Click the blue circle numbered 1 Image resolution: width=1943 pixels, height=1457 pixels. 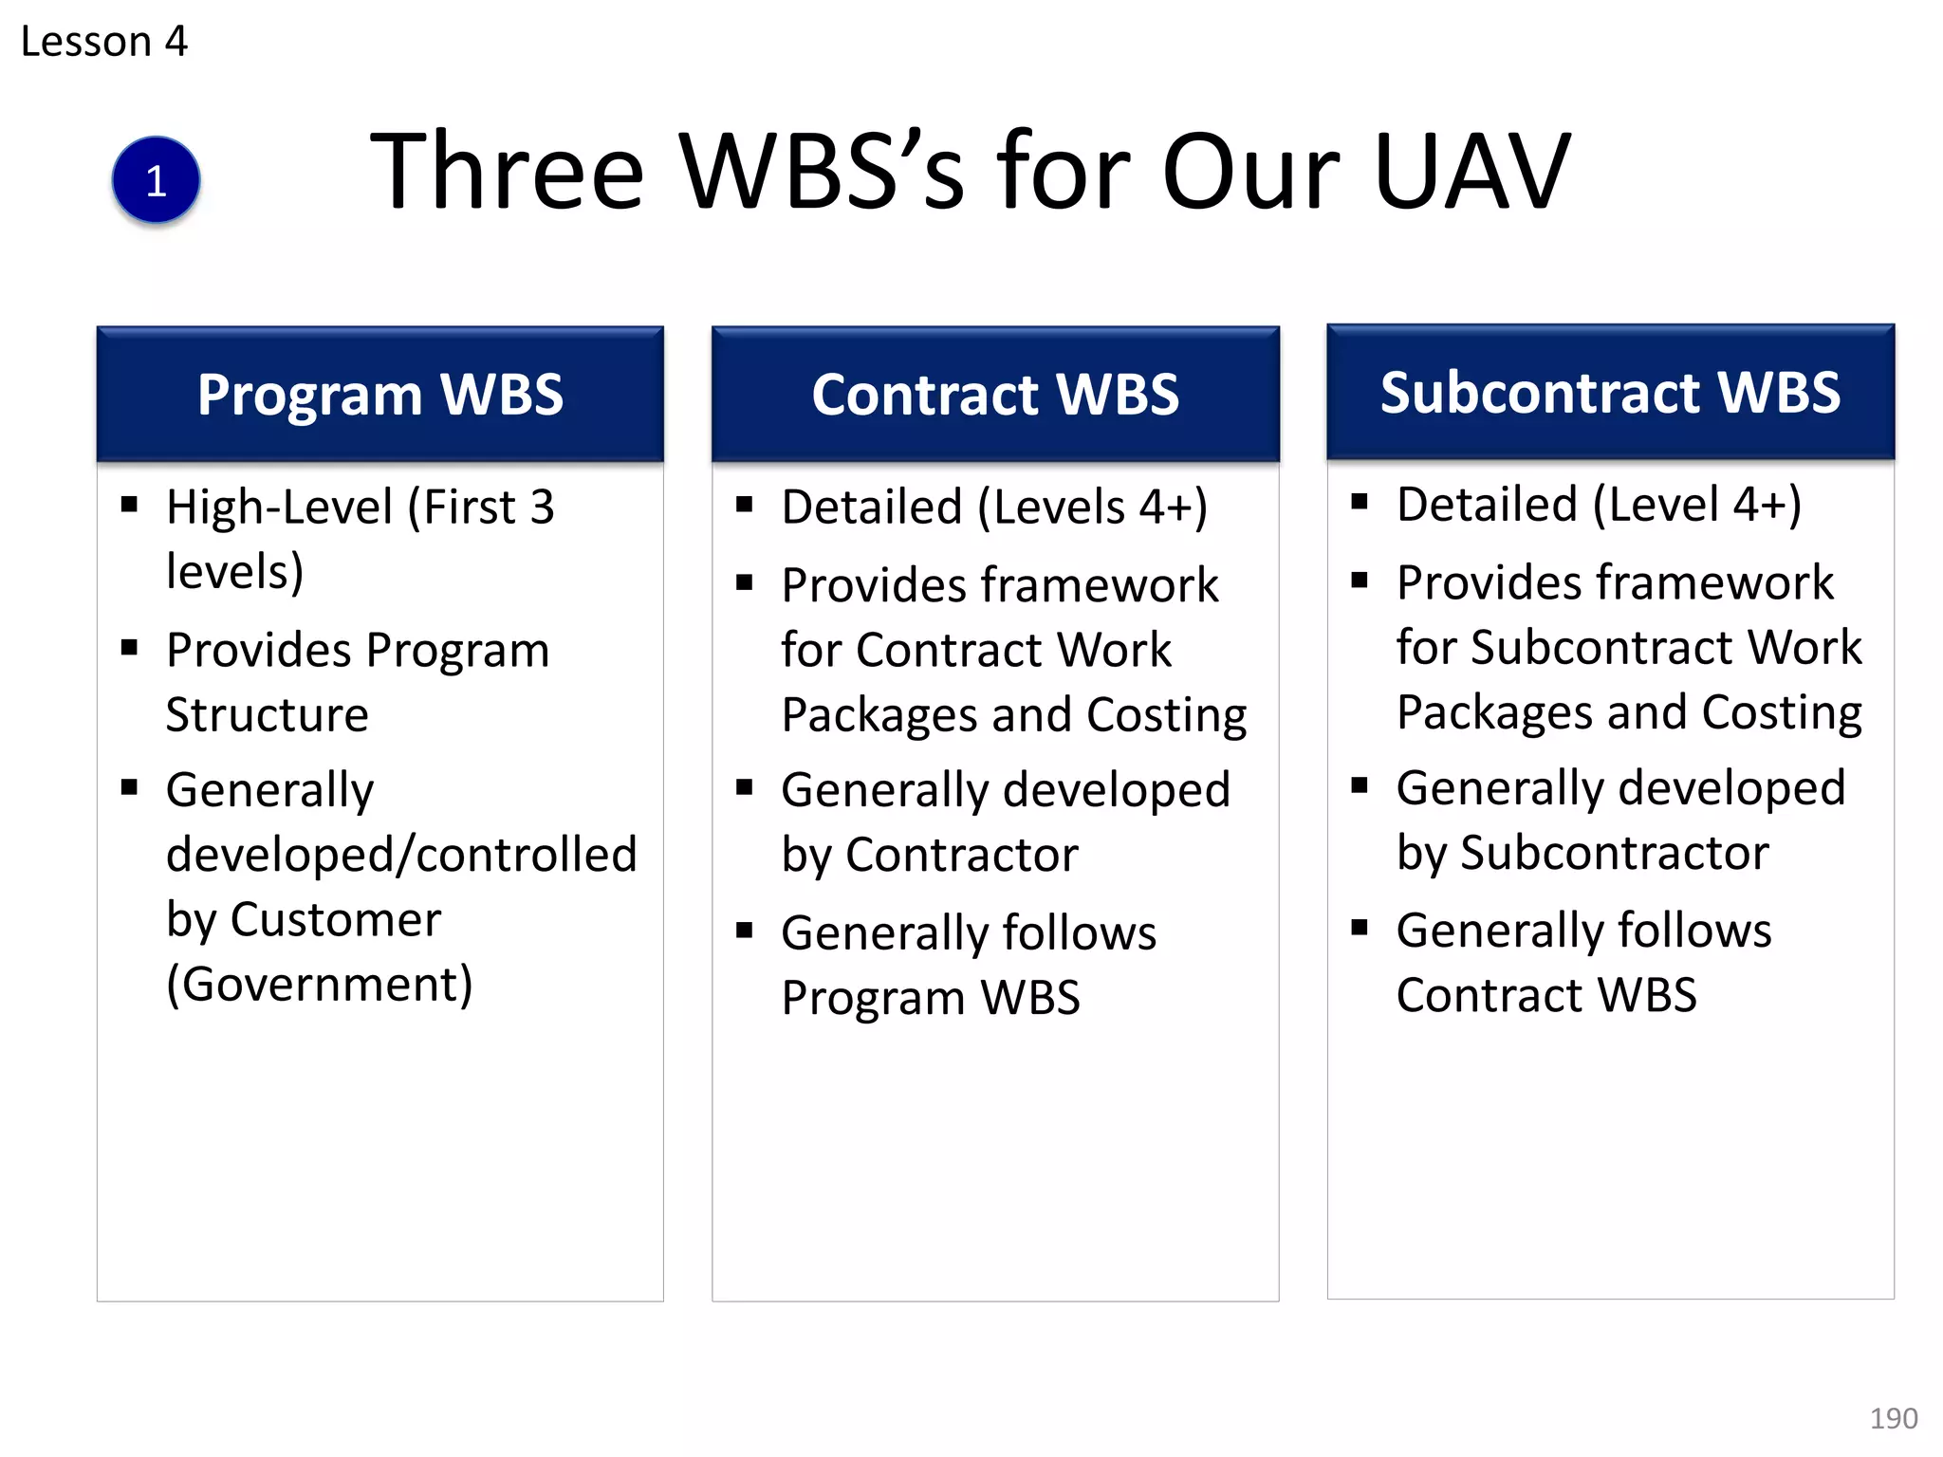pyautogui.click(x=156, y=180)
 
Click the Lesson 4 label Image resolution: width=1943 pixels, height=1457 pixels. pyautogui.click(x=103, y=42)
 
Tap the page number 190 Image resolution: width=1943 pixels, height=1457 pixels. pyautogui.click(x=1893, y=1418)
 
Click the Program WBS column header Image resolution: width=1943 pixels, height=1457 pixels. pyautogui.click(x=379, y=395)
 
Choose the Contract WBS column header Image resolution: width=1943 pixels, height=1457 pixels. pyautogui.click(x=995, y=395)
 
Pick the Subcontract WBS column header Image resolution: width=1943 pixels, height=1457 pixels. pyautogui.click(x=1610, y=393)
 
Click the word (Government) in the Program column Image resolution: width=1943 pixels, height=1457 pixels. pyautogui.click(x=319, y=985)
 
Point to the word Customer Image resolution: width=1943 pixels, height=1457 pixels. pyautogui.click(x=335, y=919)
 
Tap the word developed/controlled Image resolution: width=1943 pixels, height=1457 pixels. pyautogui.click(x=401, y=855)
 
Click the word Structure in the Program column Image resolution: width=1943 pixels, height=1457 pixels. pyautogui.click(x=267, y=714)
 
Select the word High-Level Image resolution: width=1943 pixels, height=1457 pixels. pyautogui.click(x=279, y=507)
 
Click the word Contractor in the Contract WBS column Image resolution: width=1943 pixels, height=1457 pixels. pyautogui.click(x=961, y=855)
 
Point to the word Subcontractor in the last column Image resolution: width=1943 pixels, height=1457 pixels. pyautogui.click(x=1614, y=853)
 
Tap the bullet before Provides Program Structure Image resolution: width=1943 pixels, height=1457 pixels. pyautogui.click(x=130, y=649)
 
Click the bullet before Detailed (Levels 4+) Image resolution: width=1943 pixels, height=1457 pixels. pyautogui.click(x=745, y=506)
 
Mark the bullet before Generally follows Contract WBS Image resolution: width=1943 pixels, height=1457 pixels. pyautogui.click(x=1360, y=928)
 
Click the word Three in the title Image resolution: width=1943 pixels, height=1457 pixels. pyautogui.click(x=507, y=172)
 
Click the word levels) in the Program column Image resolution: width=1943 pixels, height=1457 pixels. pyautogui.click(x=234, y=572)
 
